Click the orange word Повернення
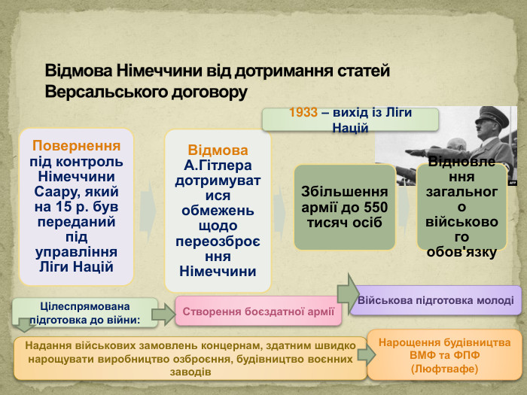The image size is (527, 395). (77, 146)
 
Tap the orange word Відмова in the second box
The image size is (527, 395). (218, 150)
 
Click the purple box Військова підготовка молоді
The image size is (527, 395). (436, 300)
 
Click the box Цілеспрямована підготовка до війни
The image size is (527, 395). (85, 313)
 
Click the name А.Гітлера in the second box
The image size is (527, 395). (218, 165)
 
